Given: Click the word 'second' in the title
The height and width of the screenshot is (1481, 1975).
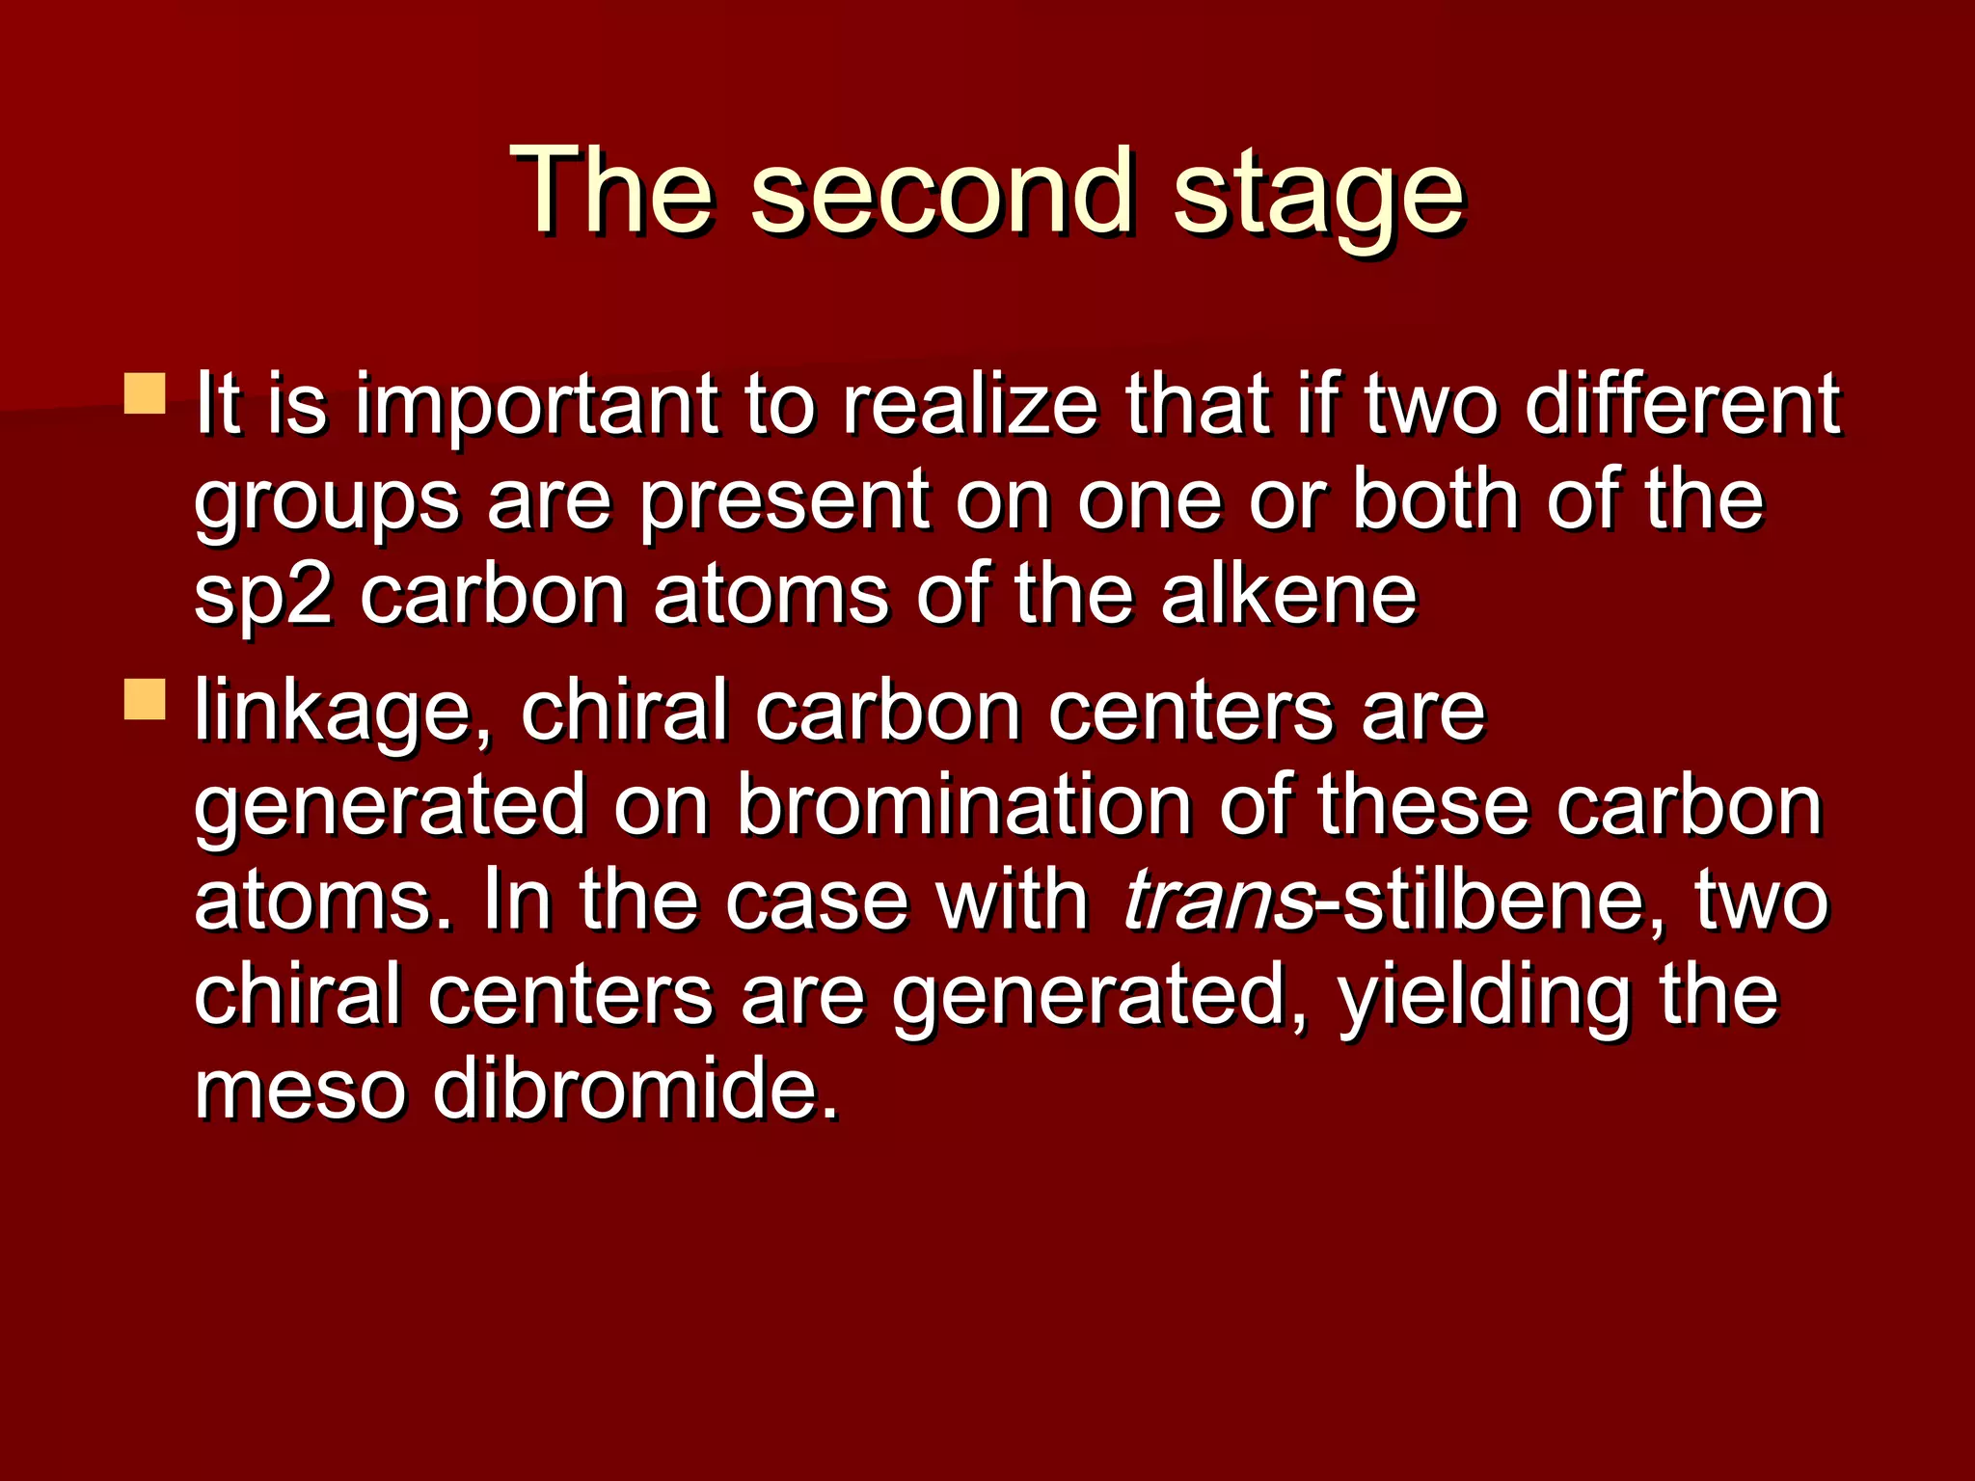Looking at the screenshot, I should pos(940,193).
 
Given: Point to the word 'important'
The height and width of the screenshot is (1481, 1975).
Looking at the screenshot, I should pos(536,407).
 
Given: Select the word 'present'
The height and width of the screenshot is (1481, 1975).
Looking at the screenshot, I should pos(785,503).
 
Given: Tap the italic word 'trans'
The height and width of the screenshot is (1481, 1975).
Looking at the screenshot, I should pos(1218,902).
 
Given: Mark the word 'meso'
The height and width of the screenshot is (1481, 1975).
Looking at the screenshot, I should pos(300,1090).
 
